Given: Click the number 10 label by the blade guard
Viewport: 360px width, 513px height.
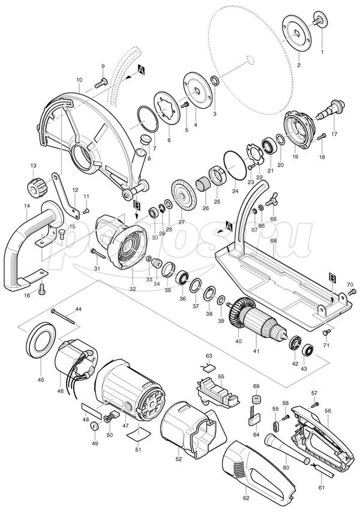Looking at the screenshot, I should coord(79,80).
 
